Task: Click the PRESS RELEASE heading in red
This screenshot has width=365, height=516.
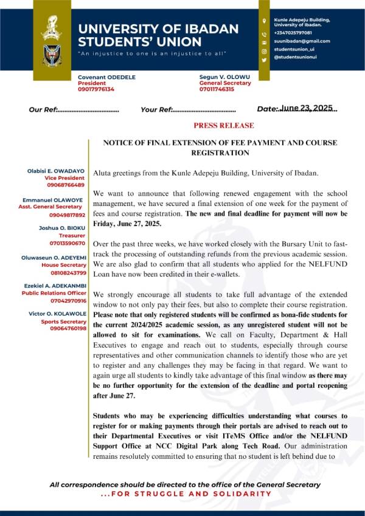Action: pos(223,126)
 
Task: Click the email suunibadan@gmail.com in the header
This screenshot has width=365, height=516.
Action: pos(302,41)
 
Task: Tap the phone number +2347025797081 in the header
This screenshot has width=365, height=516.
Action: pos(293,32)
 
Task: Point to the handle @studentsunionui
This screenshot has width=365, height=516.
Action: pos(296,56)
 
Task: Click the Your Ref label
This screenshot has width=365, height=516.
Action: pos(156,110)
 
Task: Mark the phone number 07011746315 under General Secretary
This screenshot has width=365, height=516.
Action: pos(217,89)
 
